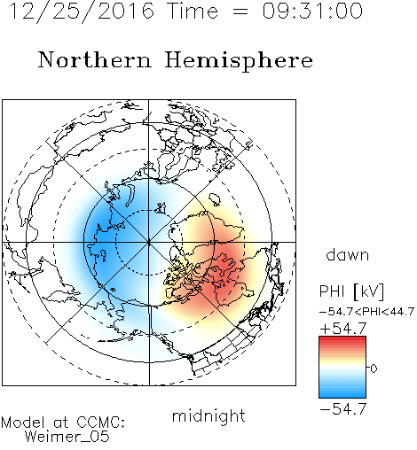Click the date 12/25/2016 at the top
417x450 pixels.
click(82, 12)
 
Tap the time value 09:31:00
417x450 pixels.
click(312, 11)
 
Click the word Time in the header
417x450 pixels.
click(193, 11)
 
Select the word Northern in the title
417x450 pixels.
click(95, 59)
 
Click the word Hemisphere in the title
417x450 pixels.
click(239, 60)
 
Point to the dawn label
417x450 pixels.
click(348, 254)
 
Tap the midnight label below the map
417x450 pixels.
click(208, 416)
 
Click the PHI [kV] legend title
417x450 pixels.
click(351, 291)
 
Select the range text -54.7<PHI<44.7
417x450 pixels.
click(366, 312)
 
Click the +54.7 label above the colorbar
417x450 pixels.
click(343, 329)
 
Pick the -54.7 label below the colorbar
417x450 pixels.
click(343, 409)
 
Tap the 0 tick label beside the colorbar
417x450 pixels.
click(374, 369)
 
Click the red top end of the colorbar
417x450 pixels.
click(342, 338)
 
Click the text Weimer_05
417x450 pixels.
click(67, 437)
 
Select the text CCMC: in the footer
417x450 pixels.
click(100, 423)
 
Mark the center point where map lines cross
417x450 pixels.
click(149, 242)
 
